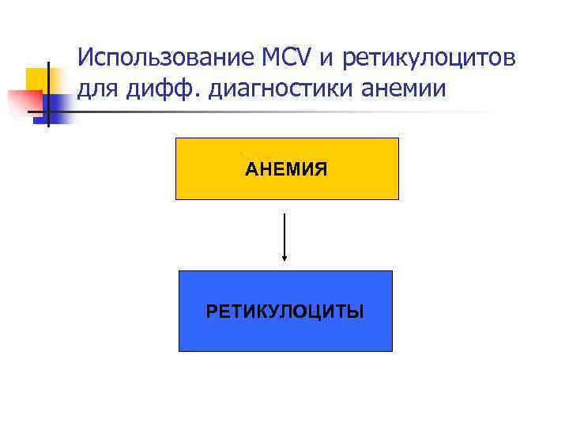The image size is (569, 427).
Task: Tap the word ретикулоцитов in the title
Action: click(431, 59)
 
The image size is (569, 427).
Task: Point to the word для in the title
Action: click(96, 89)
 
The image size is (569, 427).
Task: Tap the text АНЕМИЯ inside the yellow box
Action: click(286, 168)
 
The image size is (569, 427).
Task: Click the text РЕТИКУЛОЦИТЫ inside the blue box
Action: click(285, 311)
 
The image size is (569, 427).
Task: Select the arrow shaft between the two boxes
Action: click(284, 233)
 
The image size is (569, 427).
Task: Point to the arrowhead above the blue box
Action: click(284, 256)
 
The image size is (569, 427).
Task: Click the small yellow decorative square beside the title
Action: click(35, 77)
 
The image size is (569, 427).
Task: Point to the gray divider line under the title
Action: click(316, 111)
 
